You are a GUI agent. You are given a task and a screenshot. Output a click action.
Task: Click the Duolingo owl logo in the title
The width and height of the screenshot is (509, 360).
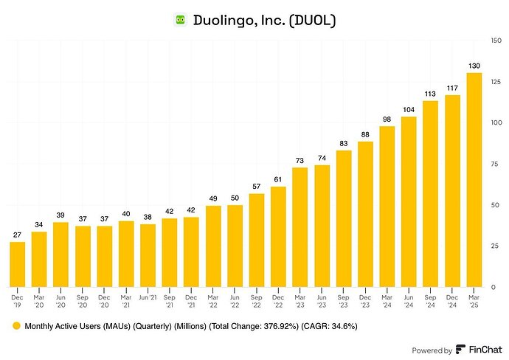point(180,20)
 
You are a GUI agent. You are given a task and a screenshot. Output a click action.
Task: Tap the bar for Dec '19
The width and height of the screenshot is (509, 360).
point(17,263)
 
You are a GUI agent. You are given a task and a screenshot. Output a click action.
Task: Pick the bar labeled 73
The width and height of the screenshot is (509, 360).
point(299,226)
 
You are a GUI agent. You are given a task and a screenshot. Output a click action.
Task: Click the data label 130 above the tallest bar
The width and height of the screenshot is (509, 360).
point(474,66)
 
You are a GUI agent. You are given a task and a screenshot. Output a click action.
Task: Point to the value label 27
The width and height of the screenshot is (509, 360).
point(17,235)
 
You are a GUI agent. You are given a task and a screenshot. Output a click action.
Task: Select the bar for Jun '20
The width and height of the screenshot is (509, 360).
point(60,254)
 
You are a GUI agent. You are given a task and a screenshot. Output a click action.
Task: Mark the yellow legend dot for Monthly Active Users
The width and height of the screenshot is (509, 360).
point(14,325)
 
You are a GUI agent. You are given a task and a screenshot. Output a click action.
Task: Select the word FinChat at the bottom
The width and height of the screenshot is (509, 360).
point(484,350)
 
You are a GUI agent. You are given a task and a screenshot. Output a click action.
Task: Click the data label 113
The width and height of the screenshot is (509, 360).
point(431,94)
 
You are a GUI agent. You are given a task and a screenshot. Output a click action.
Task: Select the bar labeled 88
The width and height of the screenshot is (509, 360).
point(365,214)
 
